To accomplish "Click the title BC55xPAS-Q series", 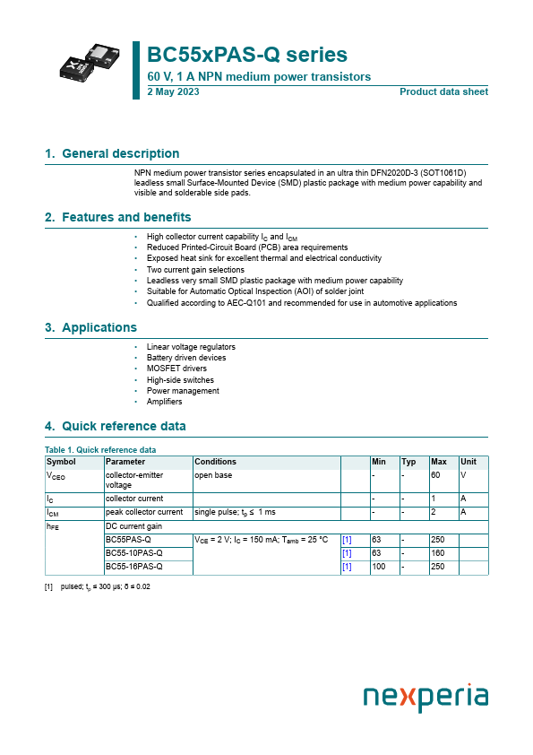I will click(x=246, y=55).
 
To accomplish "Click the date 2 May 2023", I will click(x=172, y=91).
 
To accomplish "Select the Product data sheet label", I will click(x=443, y=91).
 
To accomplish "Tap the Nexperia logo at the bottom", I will click(x=426, y=698).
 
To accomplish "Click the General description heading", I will click(x=112, y=153).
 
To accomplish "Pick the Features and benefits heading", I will click(x=117, y=217).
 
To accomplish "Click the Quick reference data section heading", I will click(x=116, y=426).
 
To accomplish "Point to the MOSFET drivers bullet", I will click(x=176, y=369).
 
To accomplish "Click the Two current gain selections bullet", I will click(x=195, y=270).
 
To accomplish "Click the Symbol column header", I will click(x=61, y=462).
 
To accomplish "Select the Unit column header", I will click(x=468, y=462).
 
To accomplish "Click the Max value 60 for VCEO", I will click(x=436, y=474).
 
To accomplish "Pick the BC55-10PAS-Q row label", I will click(x=134, y=553).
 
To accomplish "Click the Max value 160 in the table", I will click(x=438, y=553).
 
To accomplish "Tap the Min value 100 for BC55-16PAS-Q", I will click(x=379, y=567).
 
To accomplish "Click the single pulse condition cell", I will click(x=236, y=512).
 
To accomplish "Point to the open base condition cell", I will click(x=213, y=474).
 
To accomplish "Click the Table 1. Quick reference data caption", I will click(x=100, y=449).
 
